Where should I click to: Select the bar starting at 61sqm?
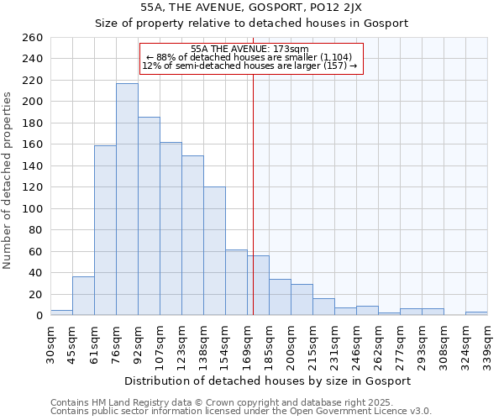click(x=105, y=230)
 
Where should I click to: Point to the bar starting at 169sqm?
click(x=258, y=286)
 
